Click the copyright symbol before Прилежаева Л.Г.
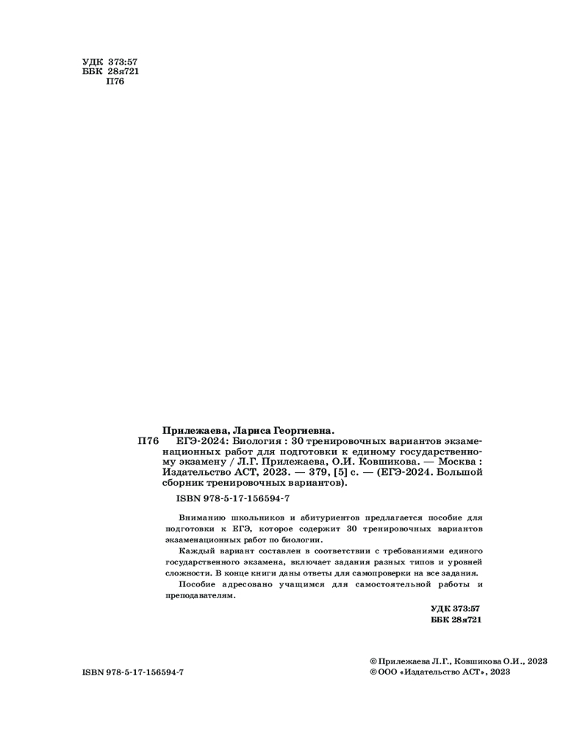click(373, 661)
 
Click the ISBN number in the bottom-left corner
click(133, 672)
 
